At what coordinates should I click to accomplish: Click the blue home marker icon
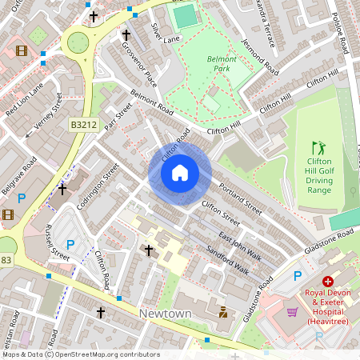click(x=180, y=173)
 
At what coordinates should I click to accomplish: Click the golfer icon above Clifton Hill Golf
click(x=319, y=148)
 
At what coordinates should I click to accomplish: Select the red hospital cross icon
click(x=328, y=281)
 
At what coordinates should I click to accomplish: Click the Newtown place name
click(x=165, y=314)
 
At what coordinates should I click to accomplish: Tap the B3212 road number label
click(x=82, y=125)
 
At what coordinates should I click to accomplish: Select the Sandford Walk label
click(x=228, y=261)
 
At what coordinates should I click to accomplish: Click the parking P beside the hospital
click(x=298, y=275)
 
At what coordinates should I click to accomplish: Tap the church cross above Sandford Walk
click(x=148, y=250)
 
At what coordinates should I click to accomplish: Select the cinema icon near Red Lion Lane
click(x=21, y=50)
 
